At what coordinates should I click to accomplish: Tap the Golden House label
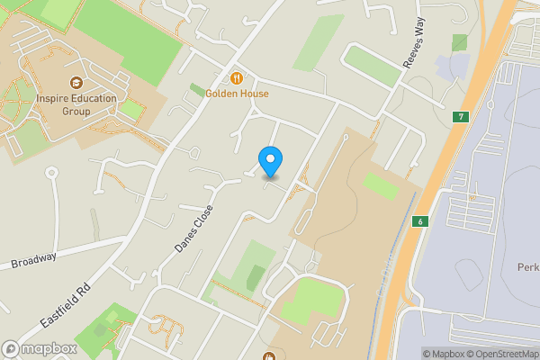point(237,93)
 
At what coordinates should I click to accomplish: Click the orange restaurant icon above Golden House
point(237,77)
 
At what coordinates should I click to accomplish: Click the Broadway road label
point(34,260)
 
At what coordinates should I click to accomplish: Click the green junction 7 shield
point(460,117)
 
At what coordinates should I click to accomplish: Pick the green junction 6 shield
point(419,221)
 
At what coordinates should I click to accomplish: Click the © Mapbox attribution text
point(448,354)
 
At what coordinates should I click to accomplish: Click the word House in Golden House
point(254,93)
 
